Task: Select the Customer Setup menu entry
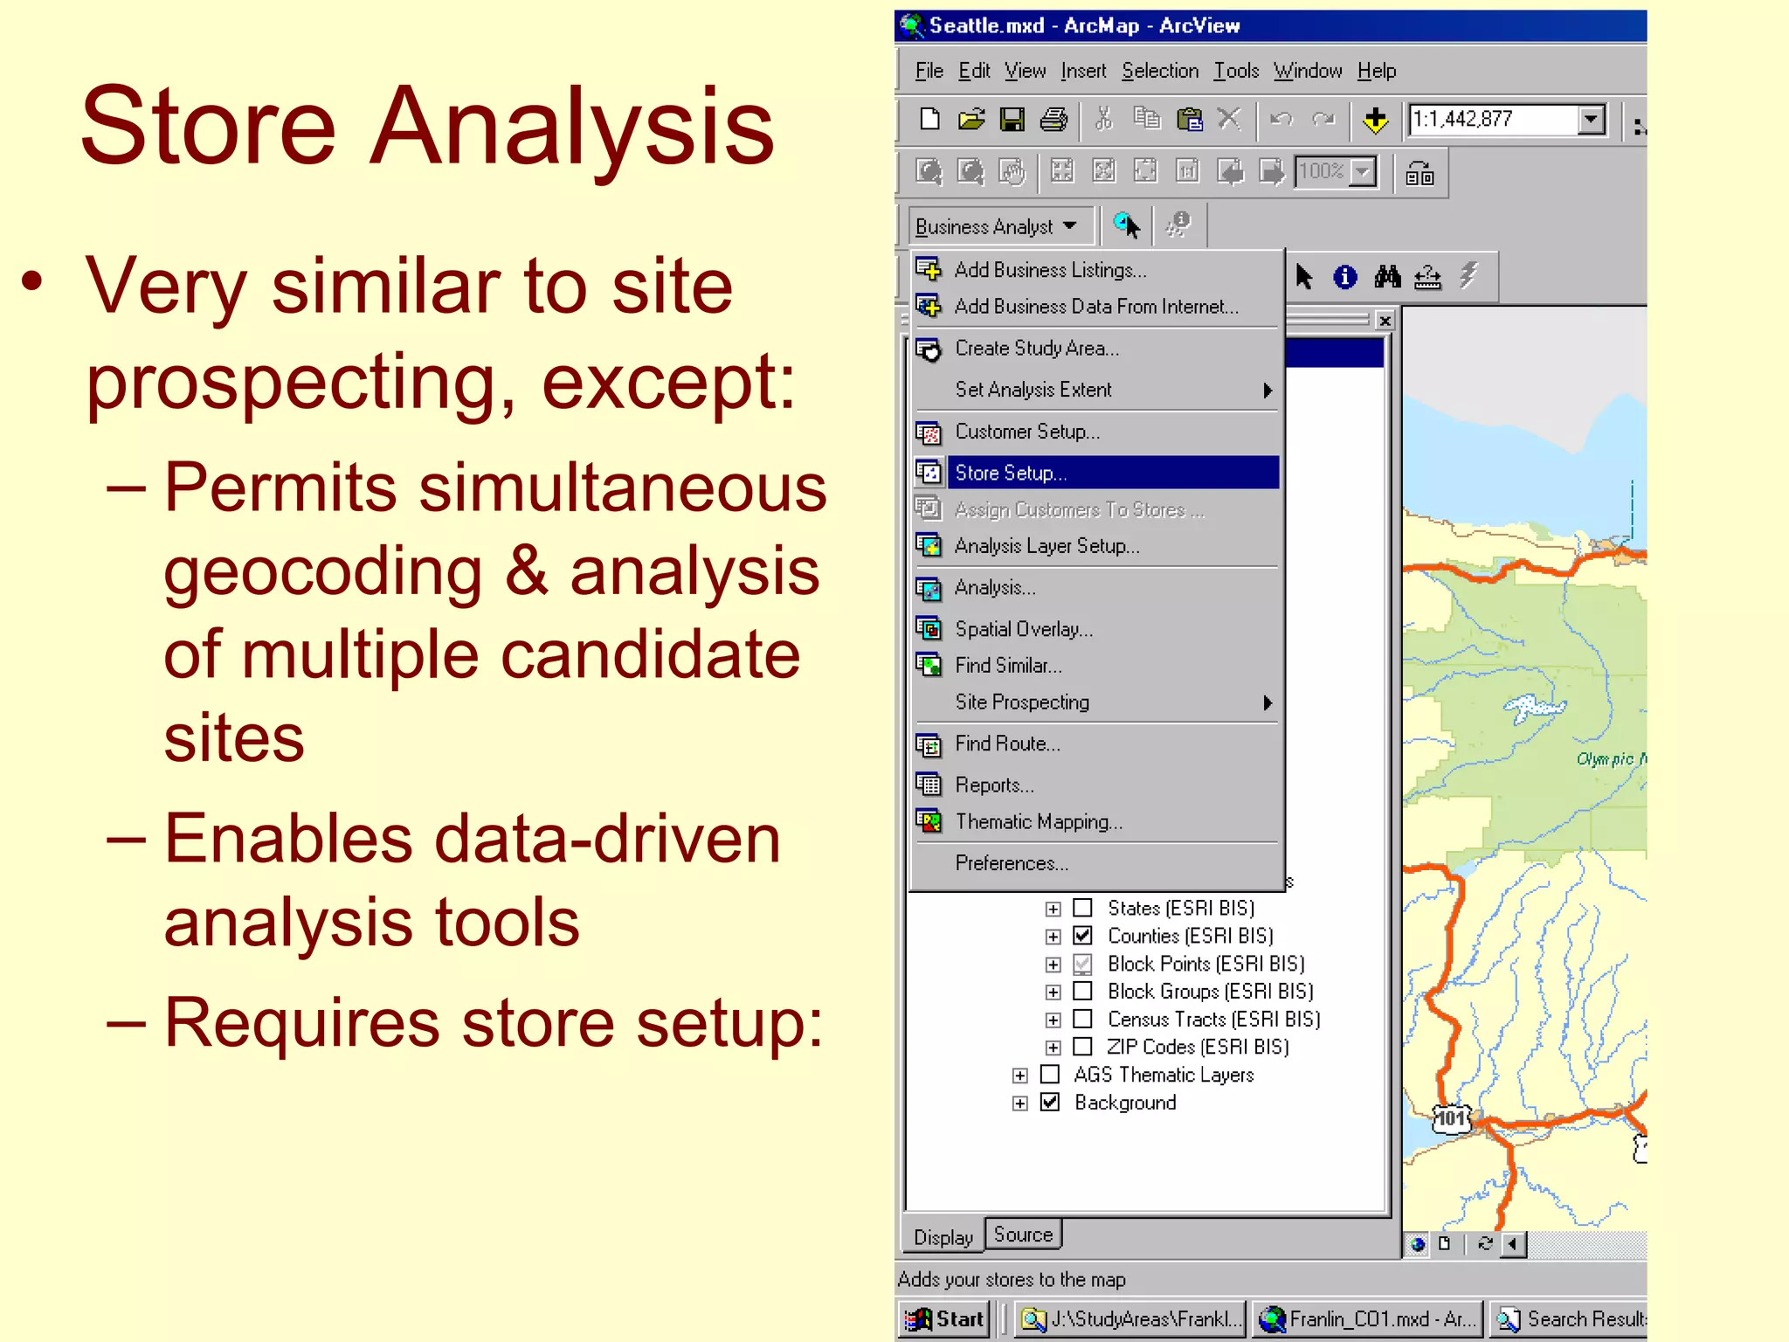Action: click(x=1026, y=432)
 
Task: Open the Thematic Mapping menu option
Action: click(x=1038, y=821)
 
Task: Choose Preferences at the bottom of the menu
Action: click(x=1011, y=863)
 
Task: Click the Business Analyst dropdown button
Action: click(x=996, y=227)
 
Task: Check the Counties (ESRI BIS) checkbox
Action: click(x=1082, y=936)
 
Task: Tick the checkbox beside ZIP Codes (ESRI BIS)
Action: click(x=1082, y=1047)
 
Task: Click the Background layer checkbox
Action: click(x=1050, y=1103)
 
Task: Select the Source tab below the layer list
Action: click(x=1023, y=1235)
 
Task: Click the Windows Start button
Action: click(x=945, y=1318)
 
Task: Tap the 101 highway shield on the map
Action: click(x=1452, y=1118)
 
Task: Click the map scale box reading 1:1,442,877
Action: click(x=1493, y=120)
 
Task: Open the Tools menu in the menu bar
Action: click(x=1235, y=71)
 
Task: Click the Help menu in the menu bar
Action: click(x=1376, y=71)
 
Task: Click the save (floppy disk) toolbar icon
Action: click(x=1012, y=120)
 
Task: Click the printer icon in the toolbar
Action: click(x=1053, y=120)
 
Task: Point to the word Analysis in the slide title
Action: click(x=572, y=127)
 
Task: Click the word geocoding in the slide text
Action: click(x=322, y=572)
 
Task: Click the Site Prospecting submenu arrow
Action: click(x=1267, y=702)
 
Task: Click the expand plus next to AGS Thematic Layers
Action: click(x=1019, y=1076)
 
